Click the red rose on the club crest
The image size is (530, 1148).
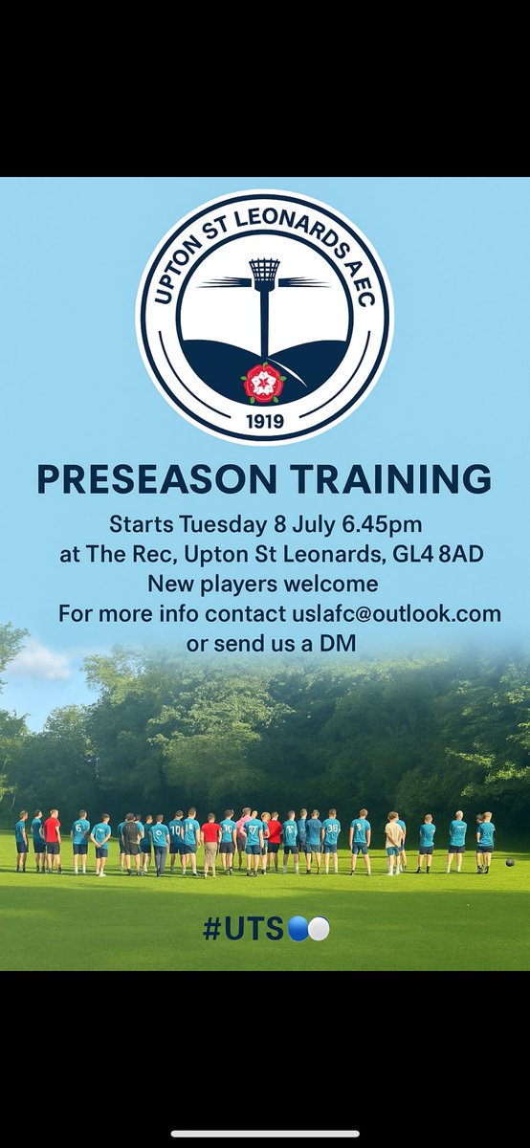[263, 383]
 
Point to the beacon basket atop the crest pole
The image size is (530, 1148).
[264, 272]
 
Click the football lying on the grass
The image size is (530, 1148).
[509, 863]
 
